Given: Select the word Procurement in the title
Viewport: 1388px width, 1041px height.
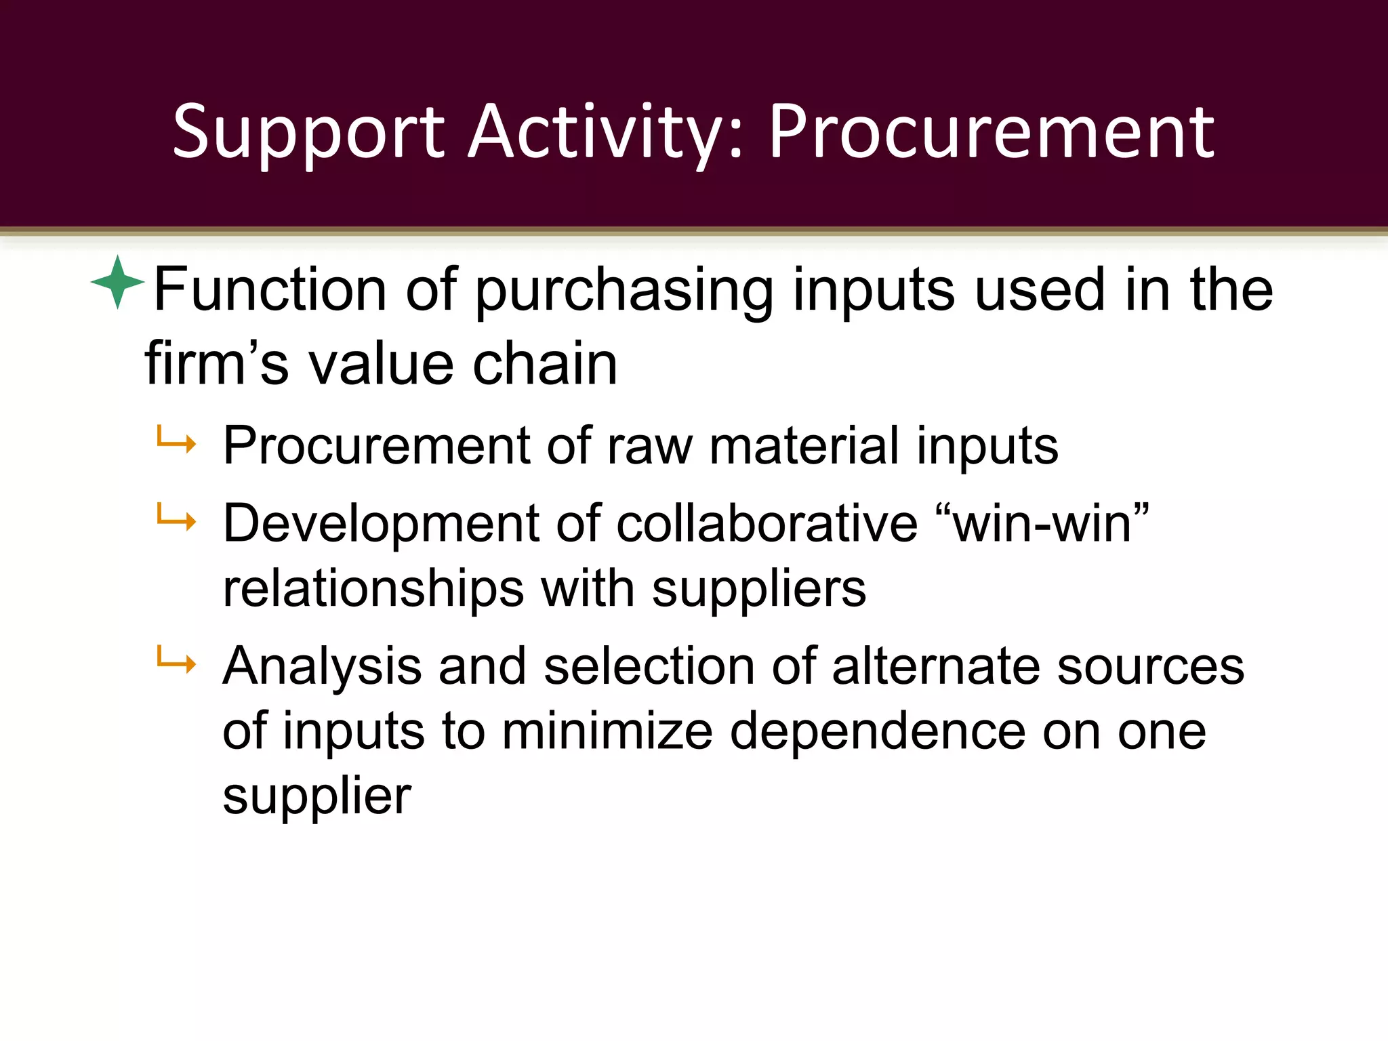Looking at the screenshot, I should coord(991,133).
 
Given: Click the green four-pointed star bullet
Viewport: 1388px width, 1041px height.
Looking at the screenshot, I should coord(118,282).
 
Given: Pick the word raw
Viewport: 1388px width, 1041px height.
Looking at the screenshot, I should coord(649,446).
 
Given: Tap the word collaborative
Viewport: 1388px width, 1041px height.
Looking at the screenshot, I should coord(767,523).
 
